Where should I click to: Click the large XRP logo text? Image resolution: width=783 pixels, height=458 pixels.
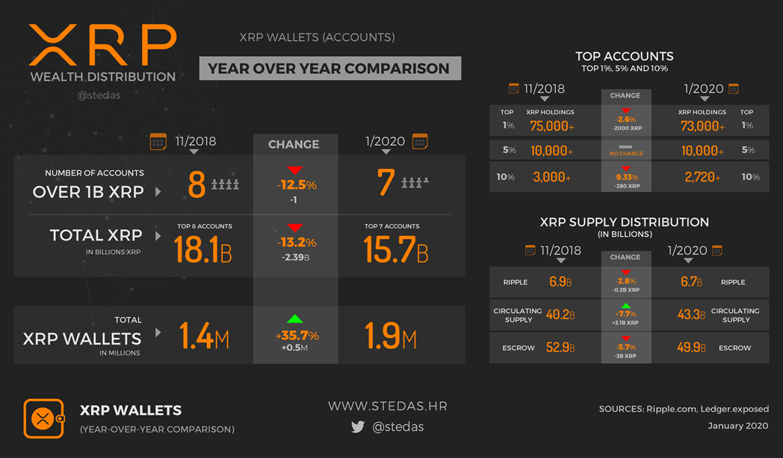[102, 45]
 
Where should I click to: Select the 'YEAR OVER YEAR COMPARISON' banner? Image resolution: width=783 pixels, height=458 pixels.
[329, 68]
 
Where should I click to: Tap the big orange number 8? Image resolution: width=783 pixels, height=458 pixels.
[196, 184]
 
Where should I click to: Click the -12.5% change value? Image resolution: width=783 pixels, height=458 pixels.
[295, 185]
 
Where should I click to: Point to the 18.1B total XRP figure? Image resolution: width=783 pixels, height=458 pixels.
[202, 250]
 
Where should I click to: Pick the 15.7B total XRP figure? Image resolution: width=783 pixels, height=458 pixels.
[395, 250]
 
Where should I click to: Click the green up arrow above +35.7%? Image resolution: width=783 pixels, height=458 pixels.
[295, 319]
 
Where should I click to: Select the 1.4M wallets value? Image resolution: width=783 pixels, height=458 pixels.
[204, 338]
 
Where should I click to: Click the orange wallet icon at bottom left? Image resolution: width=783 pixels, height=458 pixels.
[43, 418]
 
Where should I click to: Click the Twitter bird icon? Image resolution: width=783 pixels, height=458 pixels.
[358, 427]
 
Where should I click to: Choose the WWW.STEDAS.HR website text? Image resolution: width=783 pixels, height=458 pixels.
[387, 406]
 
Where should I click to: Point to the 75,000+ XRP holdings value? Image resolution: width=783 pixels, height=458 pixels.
[551, 126]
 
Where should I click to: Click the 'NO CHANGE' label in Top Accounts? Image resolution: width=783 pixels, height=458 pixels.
[625, 153]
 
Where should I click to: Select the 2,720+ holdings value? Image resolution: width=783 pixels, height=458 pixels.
[702, 177]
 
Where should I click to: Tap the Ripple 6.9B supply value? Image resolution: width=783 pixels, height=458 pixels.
[560, 282]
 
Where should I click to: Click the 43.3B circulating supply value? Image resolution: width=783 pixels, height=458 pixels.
[690, 315]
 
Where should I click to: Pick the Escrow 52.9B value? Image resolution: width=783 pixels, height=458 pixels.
[561, 347]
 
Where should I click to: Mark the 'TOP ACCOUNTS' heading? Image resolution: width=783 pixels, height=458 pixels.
[625, 56]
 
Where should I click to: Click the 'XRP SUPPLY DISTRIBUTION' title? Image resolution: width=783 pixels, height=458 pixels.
[625, 222]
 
